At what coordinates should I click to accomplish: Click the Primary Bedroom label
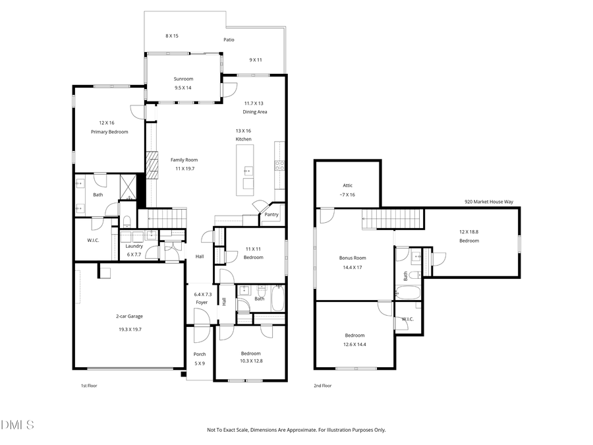[109, 132]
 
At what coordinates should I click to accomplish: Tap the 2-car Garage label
[129, 316]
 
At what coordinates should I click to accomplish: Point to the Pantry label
[271, 214]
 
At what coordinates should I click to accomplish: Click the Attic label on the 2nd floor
[347, 186]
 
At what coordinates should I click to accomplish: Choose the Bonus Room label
[353, 258]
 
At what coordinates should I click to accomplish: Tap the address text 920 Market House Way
[488, 202]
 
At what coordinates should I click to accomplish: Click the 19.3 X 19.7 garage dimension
[129, 329]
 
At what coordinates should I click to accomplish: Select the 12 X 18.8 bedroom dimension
[469, 231]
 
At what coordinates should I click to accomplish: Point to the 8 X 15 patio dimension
[172, 36]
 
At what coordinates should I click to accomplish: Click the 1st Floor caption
[88, 386]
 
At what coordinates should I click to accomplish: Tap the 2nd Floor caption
[323, 386]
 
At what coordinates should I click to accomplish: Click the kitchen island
[248, 168]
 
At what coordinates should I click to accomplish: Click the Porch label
[199, 354]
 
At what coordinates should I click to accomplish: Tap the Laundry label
[134, 246]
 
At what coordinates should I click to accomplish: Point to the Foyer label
[201, 303]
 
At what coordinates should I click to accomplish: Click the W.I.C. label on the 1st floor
[93, 240]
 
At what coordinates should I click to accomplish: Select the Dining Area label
[255, 112]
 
